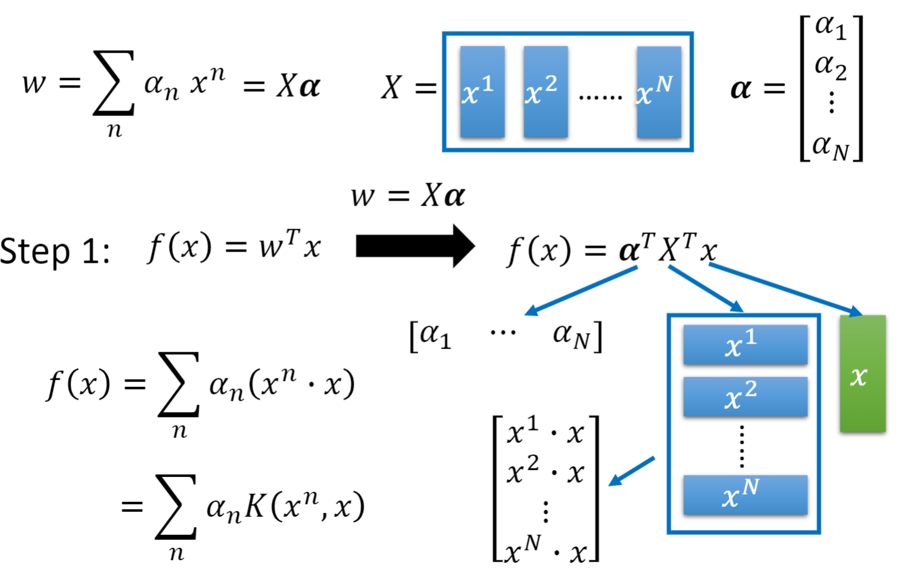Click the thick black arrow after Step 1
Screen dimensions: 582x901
coord(415,246)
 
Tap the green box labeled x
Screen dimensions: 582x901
coord(862,373)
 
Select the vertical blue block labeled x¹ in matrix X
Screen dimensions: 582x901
coord(482,91)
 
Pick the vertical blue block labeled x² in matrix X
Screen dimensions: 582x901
coord(545,91)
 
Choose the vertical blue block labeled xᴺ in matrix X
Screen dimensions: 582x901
coord(658,91)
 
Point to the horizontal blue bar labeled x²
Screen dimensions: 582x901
coord(745,396)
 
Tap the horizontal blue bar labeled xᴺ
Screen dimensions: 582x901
coord(745,495)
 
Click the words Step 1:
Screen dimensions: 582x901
coord(55,252)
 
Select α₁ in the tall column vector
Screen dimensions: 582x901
coord(830,27)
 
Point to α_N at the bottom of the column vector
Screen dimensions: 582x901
coord(830,147)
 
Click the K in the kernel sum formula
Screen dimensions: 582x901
coord(254,507)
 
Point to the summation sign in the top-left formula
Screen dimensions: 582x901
coord(114,83)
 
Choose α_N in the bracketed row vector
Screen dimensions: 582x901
coord(572,336)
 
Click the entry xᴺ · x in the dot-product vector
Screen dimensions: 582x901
coord(545,549)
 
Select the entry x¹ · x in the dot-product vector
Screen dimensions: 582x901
coord(545,432)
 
